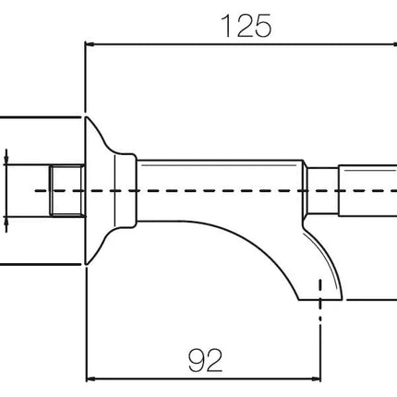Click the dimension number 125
pyautogui.click(x=247, y=26)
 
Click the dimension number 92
pyautogui.click(x=205, y=360)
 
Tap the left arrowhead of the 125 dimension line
pyautogui.click(x=90, y=44)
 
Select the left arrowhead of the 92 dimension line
pyautogui.click(x=90, y=379)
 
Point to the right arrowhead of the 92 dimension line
pyautogui.click(x=316, y=379)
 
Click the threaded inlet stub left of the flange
pyautogui.click(x=67, y=191)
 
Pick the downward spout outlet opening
pyautogui.click(x=320, y=299)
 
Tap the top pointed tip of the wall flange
pyautogui.click(x=86, y=117)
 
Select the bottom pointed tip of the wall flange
pyautogui.click(x=86, y=264)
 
